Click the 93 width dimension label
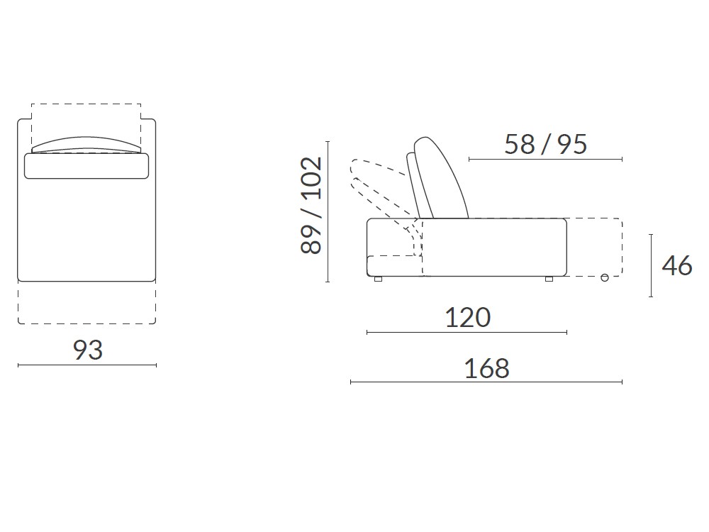88,350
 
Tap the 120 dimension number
467,318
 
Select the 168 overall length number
486,368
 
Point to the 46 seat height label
677,265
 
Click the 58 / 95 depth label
545,145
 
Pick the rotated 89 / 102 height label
311,205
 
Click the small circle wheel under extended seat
605,278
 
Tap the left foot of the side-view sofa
378,279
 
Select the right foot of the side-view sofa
549,279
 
